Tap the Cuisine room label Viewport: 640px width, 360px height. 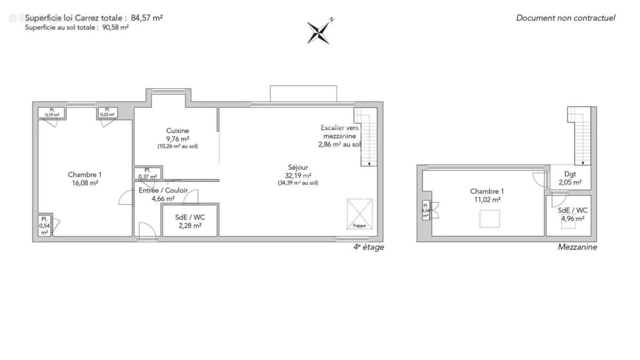pyautogui.click(x=178, y=131)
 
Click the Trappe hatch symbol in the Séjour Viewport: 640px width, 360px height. pyautogui.click(x=359, y=213)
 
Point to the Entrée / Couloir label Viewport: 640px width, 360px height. pyautogui.click(x=163, y=190)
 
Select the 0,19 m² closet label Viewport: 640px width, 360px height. pyautogui.click(x=52, y=113)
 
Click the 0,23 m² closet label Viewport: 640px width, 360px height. pyautogui.click(x=108, y=113)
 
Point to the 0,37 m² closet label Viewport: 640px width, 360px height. pyautogui.click(x=148, y=174)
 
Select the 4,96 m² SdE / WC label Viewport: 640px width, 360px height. pyautogui.click(x=573, y=214)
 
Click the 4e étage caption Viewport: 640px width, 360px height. pyautogui.click(x=369, y=247)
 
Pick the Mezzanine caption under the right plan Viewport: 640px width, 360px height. pyautogui.click(x=577, y=247)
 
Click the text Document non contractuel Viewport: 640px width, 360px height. pyautogui.click(x=565, y=18)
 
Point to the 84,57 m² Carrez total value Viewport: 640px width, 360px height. pyautogui.click(x=147, y=18)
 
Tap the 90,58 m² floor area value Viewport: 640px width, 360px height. pyautogui.click(x=115, y=27)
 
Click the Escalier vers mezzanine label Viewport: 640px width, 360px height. pyautogui.click(x=340, y=136)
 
